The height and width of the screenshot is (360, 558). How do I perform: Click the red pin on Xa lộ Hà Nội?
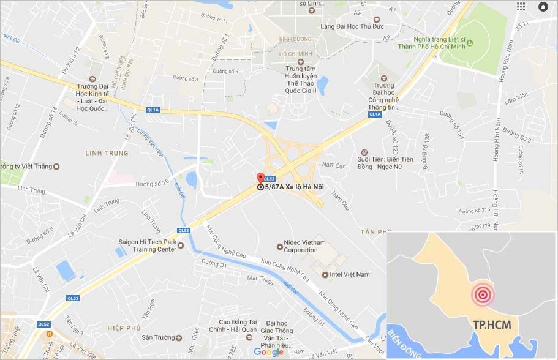point(260,178)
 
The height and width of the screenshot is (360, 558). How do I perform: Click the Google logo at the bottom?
point(268,352)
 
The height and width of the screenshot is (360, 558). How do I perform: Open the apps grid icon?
point(521,6)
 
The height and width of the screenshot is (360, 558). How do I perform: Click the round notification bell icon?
point(543,6)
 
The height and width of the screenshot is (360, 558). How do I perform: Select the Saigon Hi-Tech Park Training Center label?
point(147,245)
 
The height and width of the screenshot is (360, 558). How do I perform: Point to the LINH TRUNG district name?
point(107,152)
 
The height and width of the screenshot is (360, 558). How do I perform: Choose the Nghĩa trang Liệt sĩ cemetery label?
point(435,42)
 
